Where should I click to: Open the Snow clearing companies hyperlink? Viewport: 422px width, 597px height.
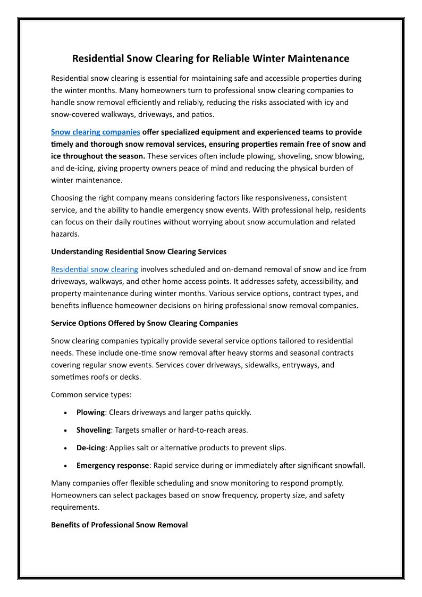point(95,132)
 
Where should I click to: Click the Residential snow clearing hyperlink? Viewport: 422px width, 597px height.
point(94,269)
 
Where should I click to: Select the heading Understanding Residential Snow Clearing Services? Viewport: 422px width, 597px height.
point(138,251)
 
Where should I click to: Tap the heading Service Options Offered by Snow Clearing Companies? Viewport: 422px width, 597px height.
point(144,323)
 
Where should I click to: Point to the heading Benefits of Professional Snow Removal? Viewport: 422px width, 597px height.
point(119,525)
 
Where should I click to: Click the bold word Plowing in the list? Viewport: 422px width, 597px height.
point(90,412)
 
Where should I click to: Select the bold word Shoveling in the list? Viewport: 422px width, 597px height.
point(93,430)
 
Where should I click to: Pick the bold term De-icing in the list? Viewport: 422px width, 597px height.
point(90,448)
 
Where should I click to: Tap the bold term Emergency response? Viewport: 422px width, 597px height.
point(112,465)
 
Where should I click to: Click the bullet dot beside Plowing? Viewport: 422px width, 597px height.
point(65,413)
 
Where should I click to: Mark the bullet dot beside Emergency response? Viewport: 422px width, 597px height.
point(65,466)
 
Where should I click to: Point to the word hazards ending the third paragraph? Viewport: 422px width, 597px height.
point(64,234)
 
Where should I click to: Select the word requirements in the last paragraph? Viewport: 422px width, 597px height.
point(75,507)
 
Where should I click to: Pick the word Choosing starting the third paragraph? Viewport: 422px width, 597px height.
point(68,198)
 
